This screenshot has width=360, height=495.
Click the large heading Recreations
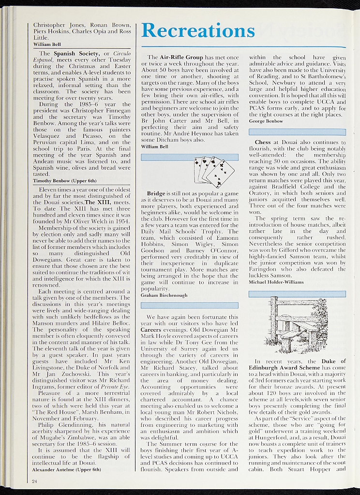point(198,31)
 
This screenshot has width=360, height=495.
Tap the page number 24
point(34,481)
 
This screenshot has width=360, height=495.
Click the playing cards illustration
point(213,172)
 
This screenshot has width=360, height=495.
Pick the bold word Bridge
point(157,194)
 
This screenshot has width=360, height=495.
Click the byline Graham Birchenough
point(164,294)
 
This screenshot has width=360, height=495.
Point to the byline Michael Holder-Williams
point(276,282)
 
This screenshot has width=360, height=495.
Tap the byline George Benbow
point(266,121)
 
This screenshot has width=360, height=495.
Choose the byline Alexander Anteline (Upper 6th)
point(66,469)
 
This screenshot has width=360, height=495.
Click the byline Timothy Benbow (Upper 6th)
point(64,180)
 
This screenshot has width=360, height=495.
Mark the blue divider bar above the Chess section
point(297,132)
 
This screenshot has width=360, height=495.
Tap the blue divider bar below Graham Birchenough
point(190,305)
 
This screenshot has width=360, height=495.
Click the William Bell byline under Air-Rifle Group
point(155,146)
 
